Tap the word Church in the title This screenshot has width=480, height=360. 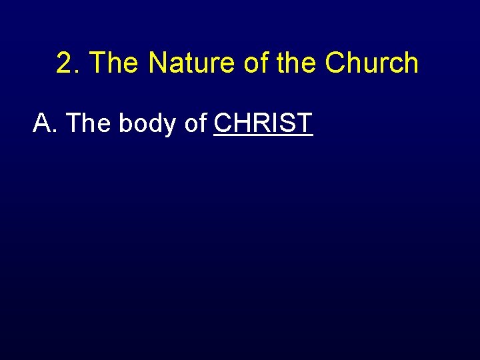click(x=372, y=63)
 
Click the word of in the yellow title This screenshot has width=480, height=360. click(x=247, y=63)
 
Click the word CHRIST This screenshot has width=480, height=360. click(x=263, y=123)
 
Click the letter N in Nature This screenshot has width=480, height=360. click(x=157, y=63)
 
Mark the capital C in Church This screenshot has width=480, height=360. click(x=335, y=63)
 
